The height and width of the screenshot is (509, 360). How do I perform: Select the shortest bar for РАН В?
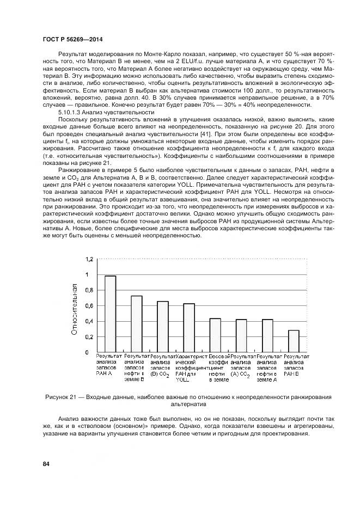(x=294, y=341)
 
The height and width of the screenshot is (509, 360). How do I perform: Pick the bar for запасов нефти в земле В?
(x=136, y=324)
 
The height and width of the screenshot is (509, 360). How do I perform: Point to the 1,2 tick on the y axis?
(x=89, y=259)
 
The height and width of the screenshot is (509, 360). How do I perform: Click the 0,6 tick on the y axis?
(x=89, y=306)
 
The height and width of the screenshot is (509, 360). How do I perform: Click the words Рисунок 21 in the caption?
(x=61, y=397)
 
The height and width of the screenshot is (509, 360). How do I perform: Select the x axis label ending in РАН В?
(x=294, y=365)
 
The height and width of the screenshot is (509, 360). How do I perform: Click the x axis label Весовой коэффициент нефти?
(x=215, y=365)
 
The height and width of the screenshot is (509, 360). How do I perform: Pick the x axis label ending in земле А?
(x=267, y=368)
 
